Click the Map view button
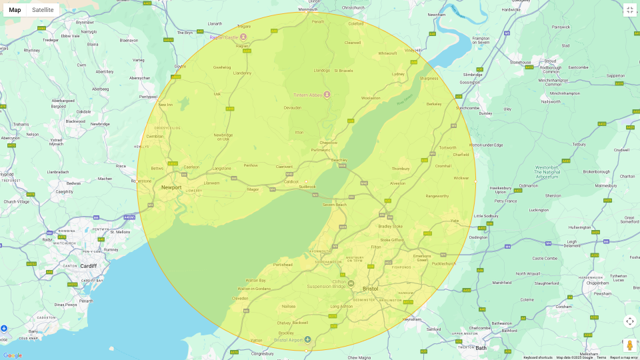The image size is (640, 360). pyautogui.click(x=15, y=10)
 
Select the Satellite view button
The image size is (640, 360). pyautogui.click(x=43, y=10)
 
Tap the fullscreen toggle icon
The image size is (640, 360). pyautogui.click(x=629, y=10)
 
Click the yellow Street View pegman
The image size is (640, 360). pyautogui.click(x=629, y=345)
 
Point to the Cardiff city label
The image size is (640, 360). pyautogui.click(x=88, y=266)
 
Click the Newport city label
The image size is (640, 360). pyautogui.click(x=171, y=187)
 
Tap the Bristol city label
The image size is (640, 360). pyautogui.click(x=370, y=289)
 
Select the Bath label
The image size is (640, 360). pyautogui.click(x=481, y=348)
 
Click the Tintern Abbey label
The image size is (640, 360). pyautogui.click(x=308, y=95)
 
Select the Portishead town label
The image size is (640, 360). pyautogui.click(x=283, y=265)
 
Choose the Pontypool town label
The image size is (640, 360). pyautogui.click(x=148, y=97)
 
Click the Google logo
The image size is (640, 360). pyautogui.click(x=12, y=355)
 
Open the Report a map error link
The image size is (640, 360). pyautogui.click(x=623, y=357)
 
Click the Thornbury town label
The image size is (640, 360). pyautogui.click(x=401, y=169)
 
